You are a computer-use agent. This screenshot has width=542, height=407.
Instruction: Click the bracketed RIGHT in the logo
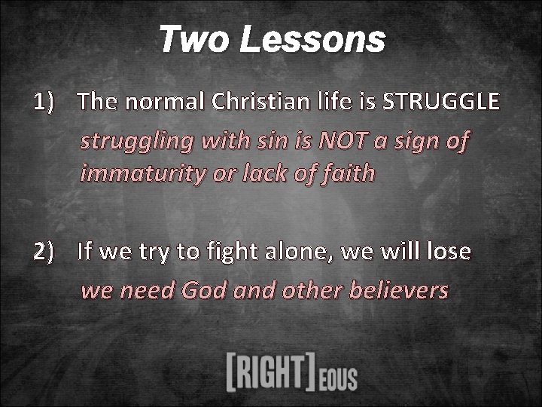[270, 372]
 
